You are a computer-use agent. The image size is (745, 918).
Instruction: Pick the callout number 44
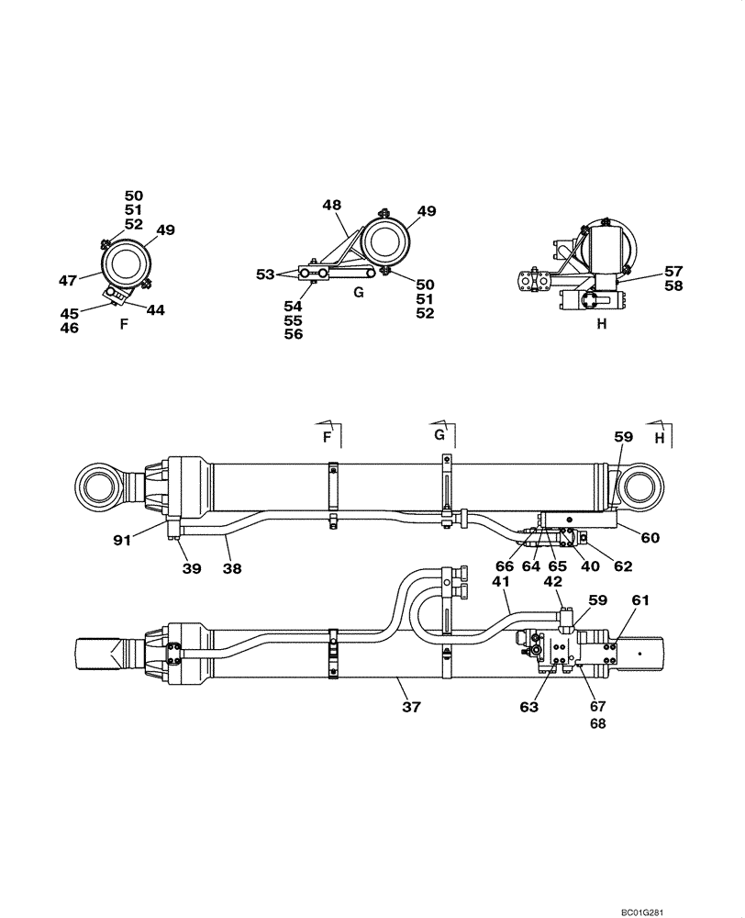tap(155, 310)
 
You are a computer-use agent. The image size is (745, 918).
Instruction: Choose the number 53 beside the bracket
tap(266, 274)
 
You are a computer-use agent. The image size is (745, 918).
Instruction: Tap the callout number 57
tap(674, 272)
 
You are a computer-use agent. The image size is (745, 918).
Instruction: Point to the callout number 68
tap(598, 723)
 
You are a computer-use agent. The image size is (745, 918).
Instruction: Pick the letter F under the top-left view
tap(124, 324)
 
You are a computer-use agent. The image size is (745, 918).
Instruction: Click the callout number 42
tap(552, 582)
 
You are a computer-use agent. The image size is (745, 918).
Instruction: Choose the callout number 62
tap(624, 567)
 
